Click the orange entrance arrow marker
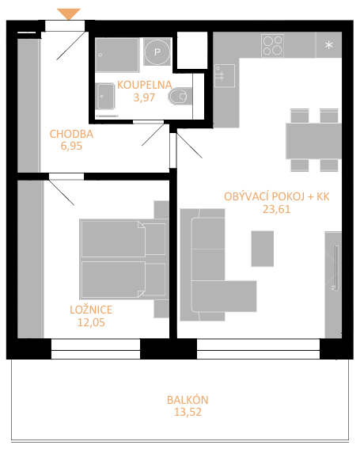pyautogui.click(x=69, y=14)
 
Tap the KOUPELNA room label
pyautogui.click(x=145, y=85)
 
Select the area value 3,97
pyautogui.click(x=144, y=97)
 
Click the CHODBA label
pyautogui.click(x=71, y=134)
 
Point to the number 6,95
pyautogui.click(x=71, y=146)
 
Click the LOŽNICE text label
pyautogui.click(x=91, y=310)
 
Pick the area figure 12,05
pyautogui.click(x=91, y=322)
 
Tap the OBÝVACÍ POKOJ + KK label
pyautogui.click(x=276, y=196)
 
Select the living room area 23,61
pyautogui.click(x=276, y=209)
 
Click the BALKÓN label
pyautogui.click(x=188, y=400)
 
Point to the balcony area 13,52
pyautogui.click(x=188, y=412)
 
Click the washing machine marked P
pyautogui.click(x=157, y=51)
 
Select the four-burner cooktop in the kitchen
pyautogui.click(x=272, y=45)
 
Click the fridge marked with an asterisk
pyautogui.click(x=329, y=44)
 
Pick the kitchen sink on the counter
pyautogui.click(x=225, y=76)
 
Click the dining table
pyautogui.click(x=313, y=141)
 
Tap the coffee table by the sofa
pyautogui.click(x=263, y=249)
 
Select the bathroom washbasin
pyautogui.click(x=105, y=97)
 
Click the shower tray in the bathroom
pyautogui.click(x=117, y=55)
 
